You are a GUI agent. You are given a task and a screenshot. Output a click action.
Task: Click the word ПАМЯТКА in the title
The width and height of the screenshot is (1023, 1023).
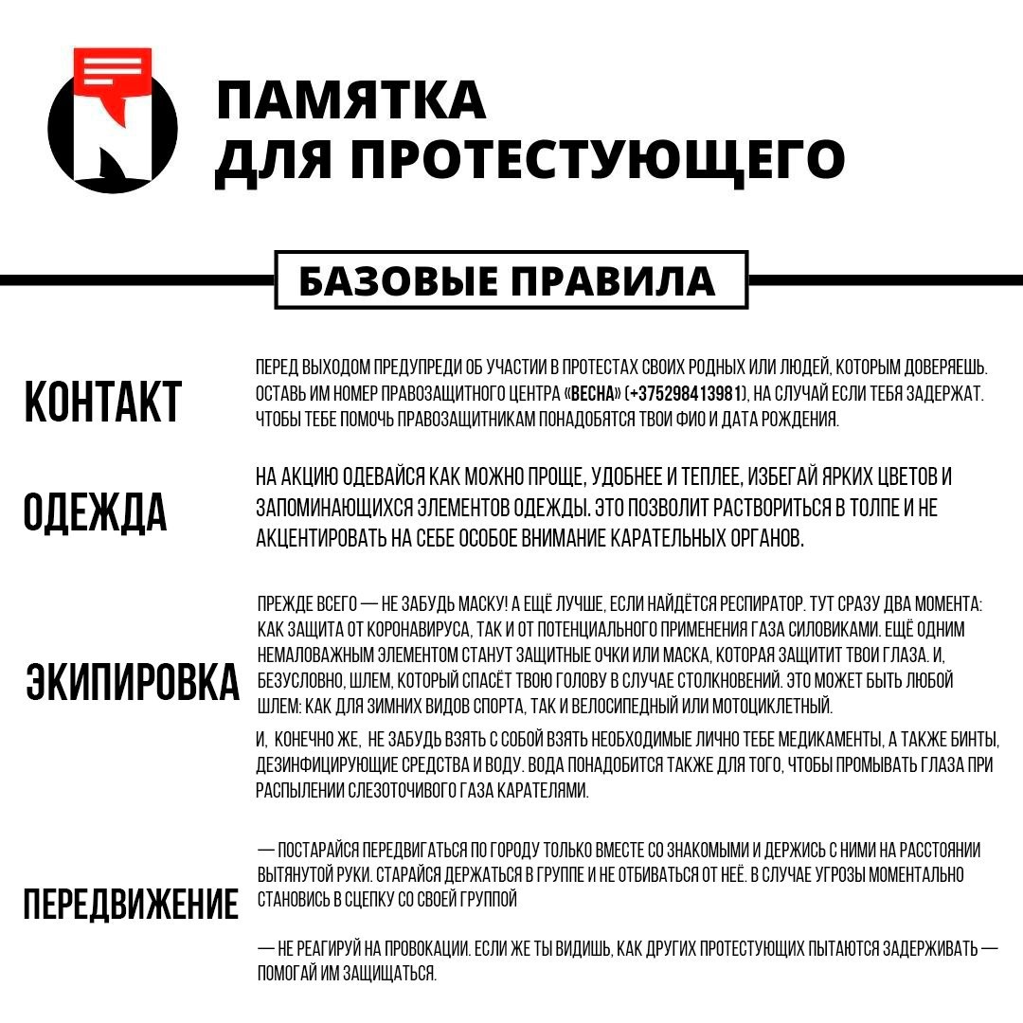(351, 100)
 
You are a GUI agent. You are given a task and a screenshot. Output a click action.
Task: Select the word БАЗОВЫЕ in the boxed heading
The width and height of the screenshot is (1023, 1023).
(397, 280)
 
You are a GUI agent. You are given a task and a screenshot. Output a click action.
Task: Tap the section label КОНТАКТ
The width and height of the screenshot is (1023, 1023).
(102, 402)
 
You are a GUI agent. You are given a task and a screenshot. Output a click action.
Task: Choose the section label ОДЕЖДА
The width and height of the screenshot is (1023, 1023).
(95, 512)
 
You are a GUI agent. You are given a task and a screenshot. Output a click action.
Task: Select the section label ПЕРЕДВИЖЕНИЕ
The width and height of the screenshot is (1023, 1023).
(131, 905)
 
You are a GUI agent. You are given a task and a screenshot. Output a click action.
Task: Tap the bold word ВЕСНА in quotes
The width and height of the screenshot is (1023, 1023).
(595, 393)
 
